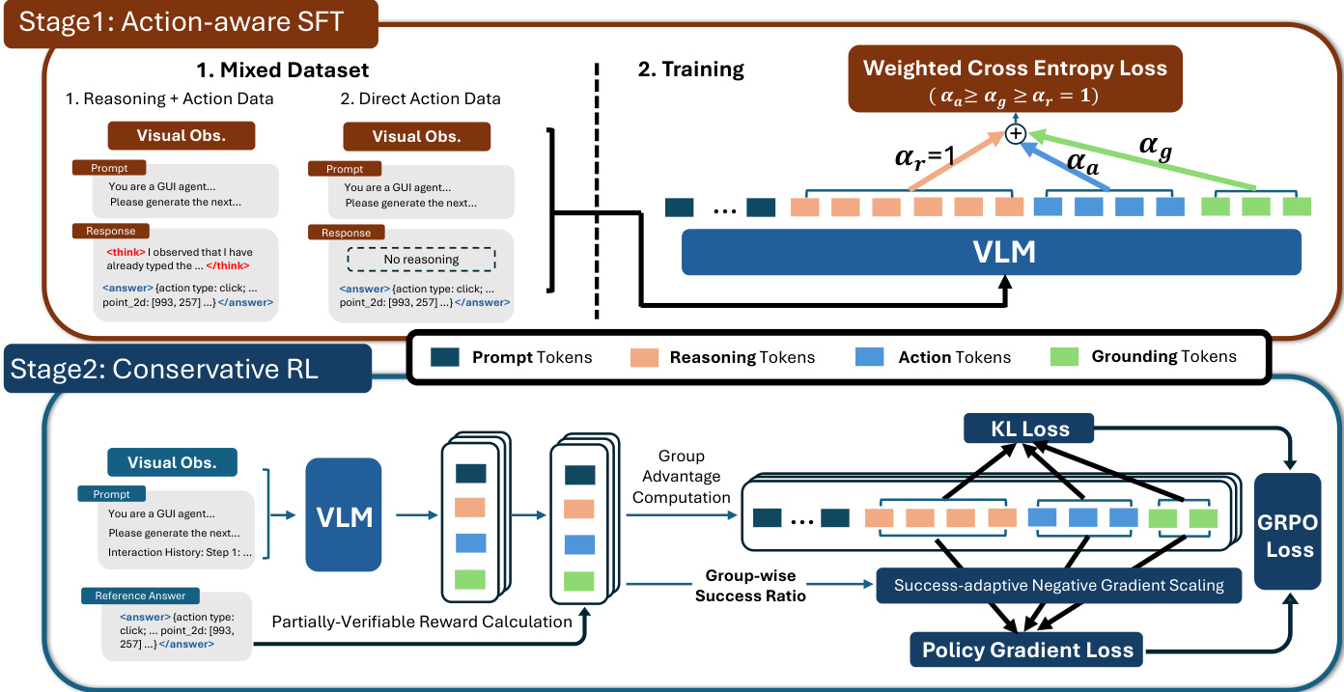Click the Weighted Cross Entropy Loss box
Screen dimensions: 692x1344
click(x=1015, y=80)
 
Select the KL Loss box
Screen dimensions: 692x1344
click(x=1028, y=429)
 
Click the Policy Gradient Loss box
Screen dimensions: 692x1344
click(x=1027, y=649)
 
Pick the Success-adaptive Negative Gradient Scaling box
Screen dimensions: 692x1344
click(x=1059, y=585)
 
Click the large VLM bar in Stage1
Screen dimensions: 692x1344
click(x=992, y=252)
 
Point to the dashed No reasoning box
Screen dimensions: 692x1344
click(x=421, y=259)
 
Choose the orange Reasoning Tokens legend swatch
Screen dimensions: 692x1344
click(x=644, y=357)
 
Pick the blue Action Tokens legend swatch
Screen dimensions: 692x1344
click(x=870, y=357)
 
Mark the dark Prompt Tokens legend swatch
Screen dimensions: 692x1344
click(x=444, y=357)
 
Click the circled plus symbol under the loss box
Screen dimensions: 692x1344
click(x=1015, y=134)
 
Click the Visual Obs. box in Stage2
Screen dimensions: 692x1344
click(x=172, y=462)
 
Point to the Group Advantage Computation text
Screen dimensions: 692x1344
click(x=683, y=477)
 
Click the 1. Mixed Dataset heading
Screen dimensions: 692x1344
click(x=283, y=69)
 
